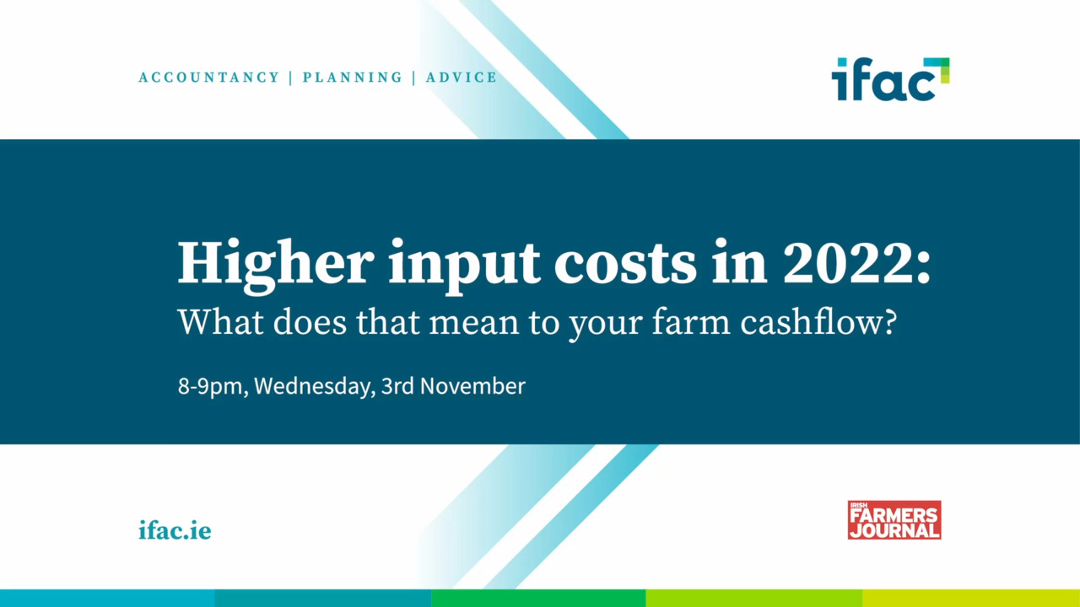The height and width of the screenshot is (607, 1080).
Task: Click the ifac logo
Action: point(890,79)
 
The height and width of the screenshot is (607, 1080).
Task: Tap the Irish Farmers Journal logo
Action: point(894,520)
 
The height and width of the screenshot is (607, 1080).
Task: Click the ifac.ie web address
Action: point(175,530)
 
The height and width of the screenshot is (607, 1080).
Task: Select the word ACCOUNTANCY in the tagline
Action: point(208,77)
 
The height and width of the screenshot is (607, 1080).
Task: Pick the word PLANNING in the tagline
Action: point(352,77)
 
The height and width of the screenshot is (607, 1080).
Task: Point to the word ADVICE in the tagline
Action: point(461,77)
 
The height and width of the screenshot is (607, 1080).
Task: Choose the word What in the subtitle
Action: point(221,322)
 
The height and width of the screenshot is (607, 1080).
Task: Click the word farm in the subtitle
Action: point(691,322)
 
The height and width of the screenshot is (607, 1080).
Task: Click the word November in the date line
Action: point(472,386)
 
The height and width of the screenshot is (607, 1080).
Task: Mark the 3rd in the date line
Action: point(397,386)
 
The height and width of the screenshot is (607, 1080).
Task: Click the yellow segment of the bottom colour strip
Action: point(971,598)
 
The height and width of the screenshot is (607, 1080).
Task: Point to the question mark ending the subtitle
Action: point(889,321)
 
